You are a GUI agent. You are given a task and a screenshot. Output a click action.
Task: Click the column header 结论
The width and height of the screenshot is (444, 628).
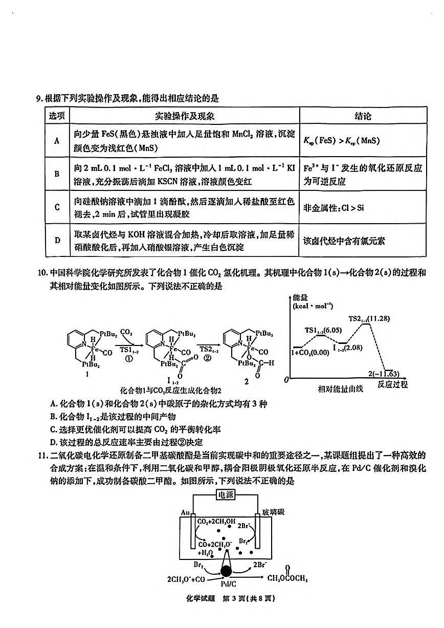pos(363,116)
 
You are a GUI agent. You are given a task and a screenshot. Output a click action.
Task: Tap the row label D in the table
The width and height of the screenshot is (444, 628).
pos(57,240)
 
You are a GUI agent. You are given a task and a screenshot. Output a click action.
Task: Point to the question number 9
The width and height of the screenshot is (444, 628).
pos(39,98)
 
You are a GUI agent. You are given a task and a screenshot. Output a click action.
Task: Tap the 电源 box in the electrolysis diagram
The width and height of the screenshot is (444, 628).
pos(225,495)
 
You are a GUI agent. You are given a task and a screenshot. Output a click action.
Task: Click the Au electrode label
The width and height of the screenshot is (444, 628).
pos(186,512)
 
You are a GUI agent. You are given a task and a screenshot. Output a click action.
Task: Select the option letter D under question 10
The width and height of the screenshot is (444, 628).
pos(53,442)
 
